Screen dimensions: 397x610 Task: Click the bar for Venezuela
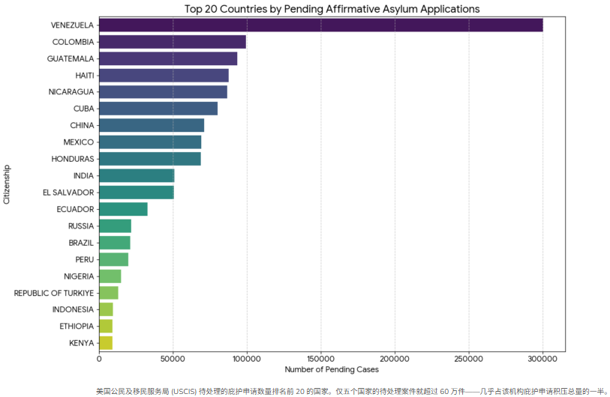[x=320, y=25]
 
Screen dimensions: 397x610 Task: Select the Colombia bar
[x=173, y=42]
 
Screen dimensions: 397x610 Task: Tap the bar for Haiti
[x=164, y=75]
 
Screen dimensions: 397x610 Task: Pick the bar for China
[x=152, y=125]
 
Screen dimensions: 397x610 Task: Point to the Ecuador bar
[x=123, y=209]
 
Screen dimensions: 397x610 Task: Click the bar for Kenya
[x=106, y=343]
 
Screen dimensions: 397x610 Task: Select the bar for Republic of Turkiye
[x=109, y=293]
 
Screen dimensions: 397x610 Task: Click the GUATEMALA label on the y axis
[x=71, y=58]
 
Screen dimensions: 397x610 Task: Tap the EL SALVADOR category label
[x=68, y=193]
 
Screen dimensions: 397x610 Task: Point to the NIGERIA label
[x=79, y=276]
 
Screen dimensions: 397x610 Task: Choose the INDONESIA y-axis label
[x=73, y=309]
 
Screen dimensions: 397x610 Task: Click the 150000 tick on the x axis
[x=321, y=359]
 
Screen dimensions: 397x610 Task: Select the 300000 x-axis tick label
[x=542, y=359]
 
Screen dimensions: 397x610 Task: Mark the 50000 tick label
[x=173, y=359]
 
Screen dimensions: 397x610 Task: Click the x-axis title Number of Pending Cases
[x=332, y=369]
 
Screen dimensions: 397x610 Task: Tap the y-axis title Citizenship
[x=7, y=184]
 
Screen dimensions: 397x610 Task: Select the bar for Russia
[x=115, y=226]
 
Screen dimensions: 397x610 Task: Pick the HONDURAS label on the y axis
[x=73, y=159]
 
